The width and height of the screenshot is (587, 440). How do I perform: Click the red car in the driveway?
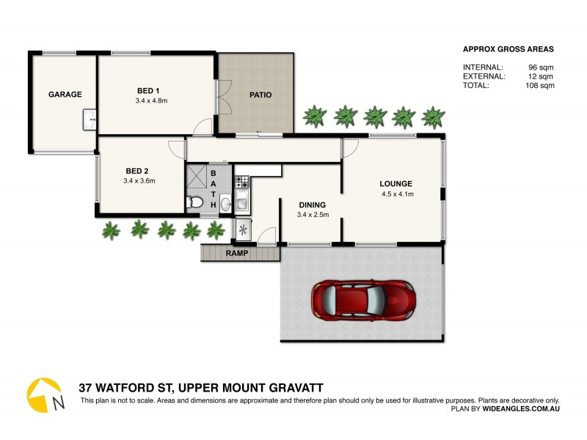click(364, 299)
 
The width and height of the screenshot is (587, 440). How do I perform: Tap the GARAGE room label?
click(65, 95)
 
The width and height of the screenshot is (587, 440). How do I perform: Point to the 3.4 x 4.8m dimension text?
click(151, 100)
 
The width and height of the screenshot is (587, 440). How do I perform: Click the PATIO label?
click(260, 95)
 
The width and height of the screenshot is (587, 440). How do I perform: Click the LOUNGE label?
click(395, 184)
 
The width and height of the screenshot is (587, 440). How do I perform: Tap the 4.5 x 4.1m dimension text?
click(398, 194)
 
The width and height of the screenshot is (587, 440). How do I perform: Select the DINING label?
click(312, 205)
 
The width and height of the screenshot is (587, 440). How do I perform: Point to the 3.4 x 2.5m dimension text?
click(313, 215)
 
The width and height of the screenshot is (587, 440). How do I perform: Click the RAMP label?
click(237, 254)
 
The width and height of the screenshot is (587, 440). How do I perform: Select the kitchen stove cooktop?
click(242, 180)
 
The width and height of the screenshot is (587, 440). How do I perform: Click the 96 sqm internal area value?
click(542, 67)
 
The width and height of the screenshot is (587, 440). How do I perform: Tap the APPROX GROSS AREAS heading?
click(508, 50)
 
